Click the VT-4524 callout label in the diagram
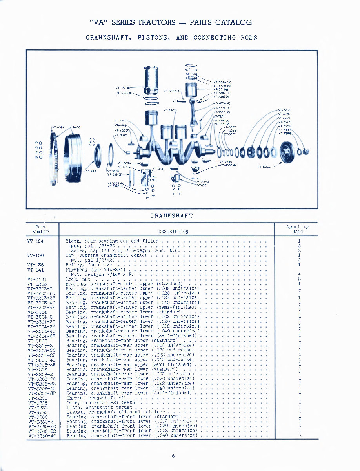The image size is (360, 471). click(58, 127)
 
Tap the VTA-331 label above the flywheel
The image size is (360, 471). click(76, 127)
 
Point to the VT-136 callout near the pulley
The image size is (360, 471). click(263, 167)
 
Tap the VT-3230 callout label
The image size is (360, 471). click(284, 110)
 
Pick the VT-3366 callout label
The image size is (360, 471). click(285, 134)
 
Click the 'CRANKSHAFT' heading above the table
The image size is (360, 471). click(171, 216)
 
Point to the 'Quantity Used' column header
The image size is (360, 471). click(297, 229)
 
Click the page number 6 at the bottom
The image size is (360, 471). click(173, 456)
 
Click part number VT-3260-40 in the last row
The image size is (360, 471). click(42, 436)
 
